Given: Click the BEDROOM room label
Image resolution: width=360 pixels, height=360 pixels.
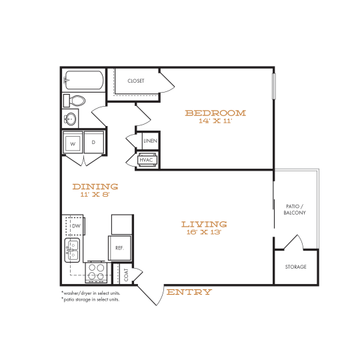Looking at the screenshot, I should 215,113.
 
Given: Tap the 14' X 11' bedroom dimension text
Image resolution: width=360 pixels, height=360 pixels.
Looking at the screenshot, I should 215,122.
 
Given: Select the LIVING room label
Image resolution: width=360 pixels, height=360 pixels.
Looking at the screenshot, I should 204,224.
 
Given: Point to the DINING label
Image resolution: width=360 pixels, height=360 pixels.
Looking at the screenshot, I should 95,187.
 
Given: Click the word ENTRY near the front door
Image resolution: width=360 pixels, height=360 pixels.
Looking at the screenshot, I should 189,292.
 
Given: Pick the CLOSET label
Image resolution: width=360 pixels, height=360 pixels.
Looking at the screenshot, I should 136,81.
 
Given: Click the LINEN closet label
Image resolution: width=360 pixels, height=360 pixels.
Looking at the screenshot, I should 150,141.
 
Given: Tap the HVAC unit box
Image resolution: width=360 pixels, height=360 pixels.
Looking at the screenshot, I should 147,160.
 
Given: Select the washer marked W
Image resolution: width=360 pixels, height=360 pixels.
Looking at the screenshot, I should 73,143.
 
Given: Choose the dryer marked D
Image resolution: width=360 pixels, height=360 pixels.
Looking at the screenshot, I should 93,143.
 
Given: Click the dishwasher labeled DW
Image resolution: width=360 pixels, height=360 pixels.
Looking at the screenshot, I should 75,227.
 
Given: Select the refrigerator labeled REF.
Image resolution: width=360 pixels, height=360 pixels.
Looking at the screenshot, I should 120,247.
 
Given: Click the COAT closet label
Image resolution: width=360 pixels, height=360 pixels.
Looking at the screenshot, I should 125,273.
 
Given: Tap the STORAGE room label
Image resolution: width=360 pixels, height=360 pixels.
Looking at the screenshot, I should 296,267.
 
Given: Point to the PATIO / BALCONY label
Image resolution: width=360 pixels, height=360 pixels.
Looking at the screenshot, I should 294,209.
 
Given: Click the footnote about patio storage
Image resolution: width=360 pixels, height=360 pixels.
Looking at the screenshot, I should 90,299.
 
